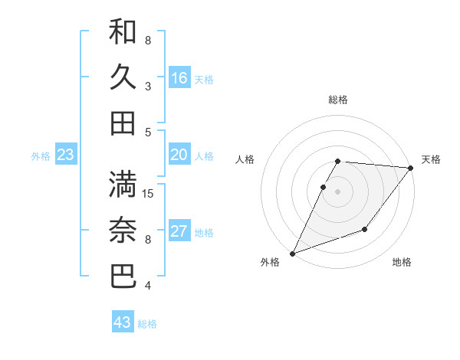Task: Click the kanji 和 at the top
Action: click(123, 31)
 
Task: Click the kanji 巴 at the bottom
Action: click(123, 276)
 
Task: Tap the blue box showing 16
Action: click(179, 78)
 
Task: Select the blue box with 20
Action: click(179, 155)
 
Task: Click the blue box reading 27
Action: click(179, 232)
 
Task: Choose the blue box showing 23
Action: click(65, 155)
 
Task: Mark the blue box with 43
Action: click(123, 322)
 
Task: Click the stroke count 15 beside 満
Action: click(149, 194)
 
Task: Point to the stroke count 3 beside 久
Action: click(148, 87)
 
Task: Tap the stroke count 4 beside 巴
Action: click(148, 286)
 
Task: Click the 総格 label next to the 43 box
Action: click(148, 324)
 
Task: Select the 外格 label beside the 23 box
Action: click(41, 156)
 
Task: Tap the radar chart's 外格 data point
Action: click(292, 253)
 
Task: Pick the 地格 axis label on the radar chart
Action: click(402, 263)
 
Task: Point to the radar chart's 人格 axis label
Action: click(245, 159)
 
